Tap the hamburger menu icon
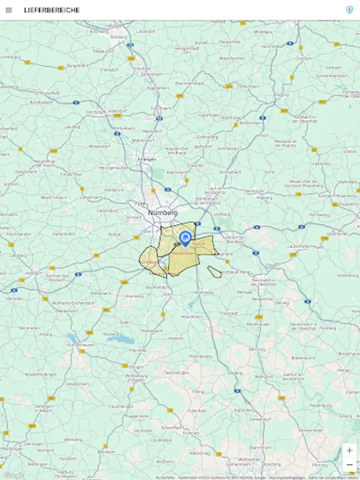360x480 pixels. point(9,10)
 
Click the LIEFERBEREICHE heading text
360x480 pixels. point(52,10)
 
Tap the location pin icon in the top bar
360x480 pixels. point(349,10)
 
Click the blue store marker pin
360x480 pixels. point(186,238)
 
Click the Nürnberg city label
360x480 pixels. point(163,212)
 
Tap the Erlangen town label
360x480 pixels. point(147,159)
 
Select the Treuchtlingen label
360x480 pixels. point(121,406)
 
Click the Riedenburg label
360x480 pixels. point(320,405)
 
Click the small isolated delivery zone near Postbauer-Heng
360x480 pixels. point(214,272)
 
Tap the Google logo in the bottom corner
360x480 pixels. point(13,475)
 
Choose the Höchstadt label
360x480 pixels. point(96,112)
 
